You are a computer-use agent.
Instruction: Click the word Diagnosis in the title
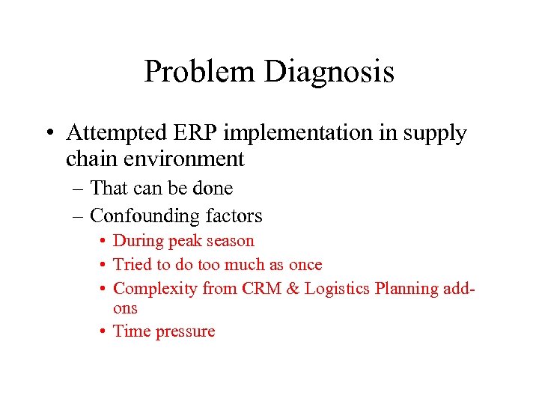coord(329,73)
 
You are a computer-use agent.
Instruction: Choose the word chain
coord(87,159)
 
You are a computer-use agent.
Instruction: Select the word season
coord(229,242)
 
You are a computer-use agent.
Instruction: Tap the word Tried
coord(133,265)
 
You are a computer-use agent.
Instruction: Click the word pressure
coord(185,332)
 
